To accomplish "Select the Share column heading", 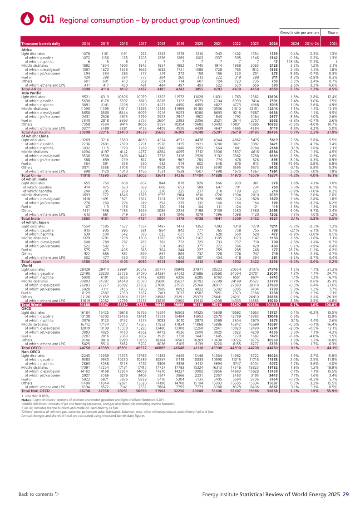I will coord(333,33).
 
